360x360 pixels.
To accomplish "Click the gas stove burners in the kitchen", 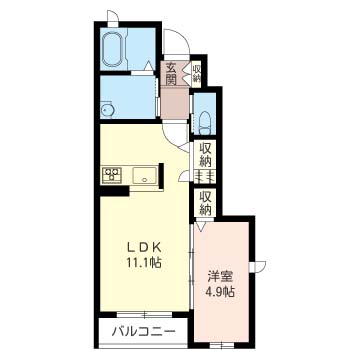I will pos(111,175).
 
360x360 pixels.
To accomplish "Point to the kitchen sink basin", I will pos(146,178).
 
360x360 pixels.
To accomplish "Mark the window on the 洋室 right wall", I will pos(258,264).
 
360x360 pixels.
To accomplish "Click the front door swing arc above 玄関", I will pos(178,43).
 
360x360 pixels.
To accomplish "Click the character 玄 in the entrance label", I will pos(171,66).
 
